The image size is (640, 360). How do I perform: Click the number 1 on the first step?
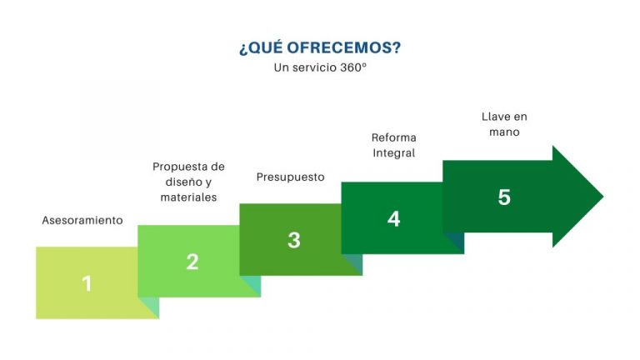87,283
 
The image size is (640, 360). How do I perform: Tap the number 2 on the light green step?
192,262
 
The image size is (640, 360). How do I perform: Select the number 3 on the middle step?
293,240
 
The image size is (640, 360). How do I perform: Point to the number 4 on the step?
394,218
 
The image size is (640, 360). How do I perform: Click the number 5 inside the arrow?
504,197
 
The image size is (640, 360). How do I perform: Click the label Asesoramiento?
82,221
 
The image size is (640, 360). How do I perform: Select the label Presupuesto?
291,177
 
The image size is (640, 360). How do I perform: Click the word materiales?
188,197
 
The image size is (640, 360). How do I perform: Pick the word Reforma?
394,137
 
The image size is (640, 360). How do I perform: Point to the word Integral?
394,153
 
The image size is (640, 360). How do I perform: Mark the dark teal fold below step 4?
455,242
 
